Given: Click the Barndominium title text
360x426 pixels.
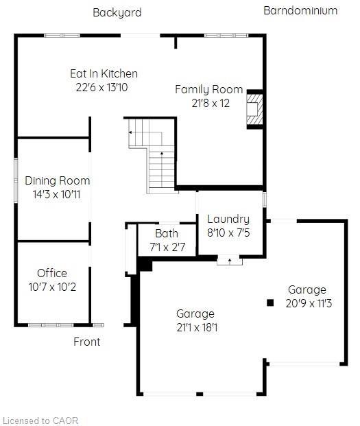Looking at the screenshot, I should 300,10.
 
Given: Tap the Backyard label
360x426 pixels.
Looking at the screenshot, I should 117,12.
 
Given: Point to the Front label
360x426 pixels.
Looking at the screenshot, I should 87,342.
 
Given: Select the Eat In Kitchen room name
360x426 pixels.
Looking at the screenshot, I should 104,73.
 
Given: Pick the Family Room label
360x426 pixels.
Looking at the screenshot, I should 208,89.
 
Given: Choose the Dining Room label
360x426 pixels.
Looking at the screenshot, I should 58,180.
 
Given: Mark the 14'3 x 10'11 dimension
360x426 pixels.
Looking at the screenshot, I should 58,194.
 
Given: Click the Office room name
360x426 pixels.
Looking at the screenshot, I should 52,273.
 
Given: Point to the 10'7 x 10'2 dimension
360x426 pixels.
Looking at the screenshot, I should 52,286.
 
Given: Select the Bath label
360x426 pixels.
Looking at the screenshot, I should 167,233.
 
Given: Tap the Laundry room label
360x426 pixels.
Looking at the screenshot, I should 228,219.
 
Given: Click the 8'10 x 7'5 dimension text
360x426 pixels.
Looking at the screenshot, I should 228,233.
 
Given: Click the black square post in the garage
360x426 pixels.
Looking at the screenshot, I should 270,302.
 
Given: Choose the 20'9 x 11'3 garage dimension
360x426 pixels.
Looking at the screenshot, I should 307,303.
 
